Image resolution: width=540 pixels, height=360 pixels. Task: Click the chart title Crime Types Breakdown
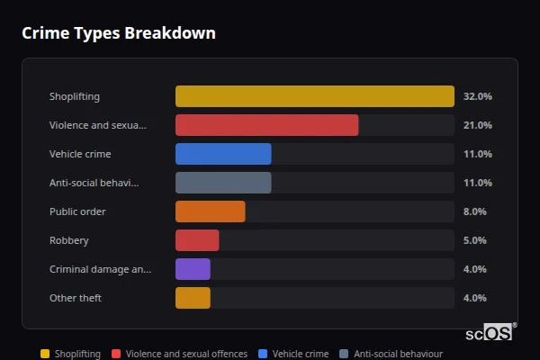(118, 33)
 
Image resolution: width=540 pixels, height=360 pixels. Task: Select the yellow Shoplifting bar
(314, 96)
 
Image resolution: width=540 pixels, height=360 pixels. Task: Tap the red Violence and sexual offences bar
(266, 125)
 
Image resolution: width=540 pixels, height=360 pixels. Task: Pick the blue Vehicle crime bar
(223, 154)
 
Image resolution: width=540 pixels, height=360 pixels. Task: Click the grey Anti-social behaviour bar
(223, 183)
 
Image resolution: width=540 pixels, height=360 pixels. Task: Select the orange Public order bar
(210, 211)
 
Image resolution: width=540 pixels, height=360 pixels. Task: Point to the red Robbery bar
(197, 240)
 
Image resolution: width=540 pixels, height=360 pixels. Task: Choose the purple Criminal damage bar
(193, 269)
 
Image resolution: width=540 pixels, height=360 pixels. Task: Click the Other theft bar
(193, 298)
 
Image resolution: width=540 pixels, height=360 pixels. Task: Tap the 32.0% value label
(477, 96)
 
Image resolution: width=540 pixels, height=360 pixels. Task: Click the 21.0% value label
(477, 125)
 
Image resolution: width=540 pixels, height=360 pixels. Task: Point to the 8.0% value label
(474, 211)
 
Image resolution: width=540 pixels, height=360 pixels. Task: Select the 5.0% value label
(474, 240)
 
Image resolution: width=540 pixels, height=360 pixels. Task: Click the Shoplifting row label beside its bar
(75, 96)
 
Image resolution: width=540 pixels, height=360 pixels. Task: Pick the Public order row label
(77, 211)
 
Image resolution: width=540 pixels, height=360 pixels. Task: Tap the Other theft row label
(76, 298)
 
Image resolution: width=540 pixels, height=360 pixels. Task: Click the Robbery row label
(69, 240)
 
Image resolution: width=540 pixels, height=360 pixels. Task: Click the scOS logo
(490, 333)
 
